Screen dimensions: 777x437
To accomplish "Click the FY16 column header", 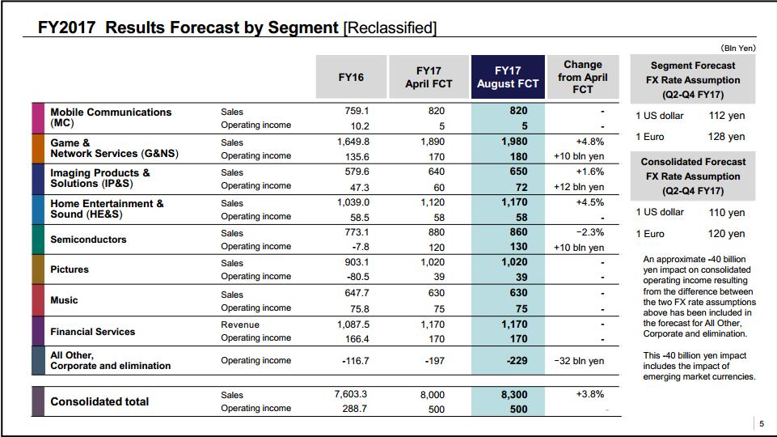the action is click(x=351, y=78).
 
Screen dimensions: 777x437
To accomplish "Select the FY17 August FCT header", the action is click(x=508, y=77).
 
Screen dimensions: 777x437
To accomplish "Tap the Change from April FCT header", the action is click(x=583, y=77).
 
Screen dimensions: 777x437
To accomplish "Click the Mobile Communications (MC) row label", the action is click(x=111, y=117).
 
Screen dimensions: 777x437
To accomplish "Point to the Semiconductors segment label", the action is click(x=88, y=240).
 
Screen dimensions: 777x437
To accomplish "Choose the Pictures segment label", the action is click(x=70, y=269).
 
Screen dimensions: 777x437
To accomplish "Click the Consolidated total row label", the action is click(x=99, y=401).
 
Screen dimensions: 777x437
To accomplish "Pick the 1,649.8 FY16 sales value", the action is click(x=353, y=142).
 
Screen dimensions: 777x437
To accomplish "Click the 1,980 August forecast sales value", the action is click(x=514, y=142).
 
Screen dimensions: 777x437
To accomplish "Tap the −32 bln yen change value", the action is click(x=579, y=361).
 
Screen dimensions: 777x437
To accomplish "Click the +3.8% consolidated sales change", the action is click(x=589, y=394).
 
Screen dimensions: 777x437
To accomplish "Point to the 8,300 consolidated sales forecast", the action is click(x=514, y=395).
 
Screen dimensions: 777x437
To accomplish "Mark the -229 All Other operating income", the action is click(x=517, y=361).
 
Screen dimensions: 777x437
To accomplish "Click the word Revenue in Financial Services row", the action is click(x=240, y=325).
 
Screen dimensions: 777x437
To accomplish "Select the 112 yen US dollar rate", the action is click(x=726, y=116).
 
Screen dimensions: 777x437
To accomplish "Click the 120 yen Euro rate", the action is click(x=726, y=234).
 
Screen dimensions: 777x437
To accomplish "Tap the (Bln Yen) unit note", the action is click(x=738, y=48).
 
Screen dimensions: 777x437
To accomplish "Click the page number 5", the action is click(x=762, y=423).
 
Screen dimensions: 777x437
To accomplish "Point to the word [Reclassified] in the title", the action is click(x=390, y=28).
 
